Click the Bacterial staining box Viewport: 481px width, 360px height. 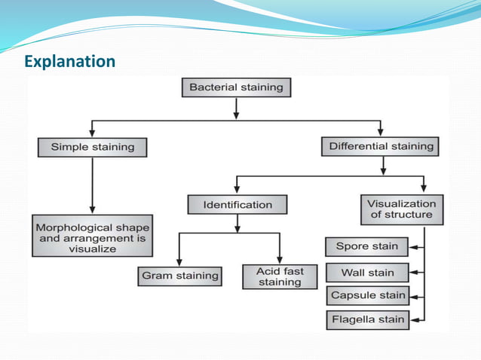pyautogui.click(x=236, y=87)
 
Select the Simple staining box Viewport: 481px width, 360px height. pyautogui.click(x=92, y=147)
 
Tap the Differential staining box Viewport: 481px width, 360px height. pyautogui.click(x=381, y=146)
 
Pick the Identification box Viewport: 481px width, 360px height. pyautogui.click(x=237, y=204)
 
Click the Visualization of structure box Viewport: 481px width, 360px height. pyautogui.click(x=402, y=209)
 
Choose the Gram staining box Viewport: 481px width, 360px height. pyautogui.click(x=179, y=276)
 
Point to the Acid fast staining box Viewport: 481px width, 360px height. pyautogui.click(x=279, y=276)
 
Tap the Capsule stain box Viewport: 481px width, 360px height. pyautogui.click(x=366, y=295)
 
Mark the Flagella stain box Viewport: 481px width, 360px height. pyautogui.click(x=368, y=319)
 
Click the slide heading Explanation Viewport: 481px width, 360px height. pyautogui.click(x=69, y=60)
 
